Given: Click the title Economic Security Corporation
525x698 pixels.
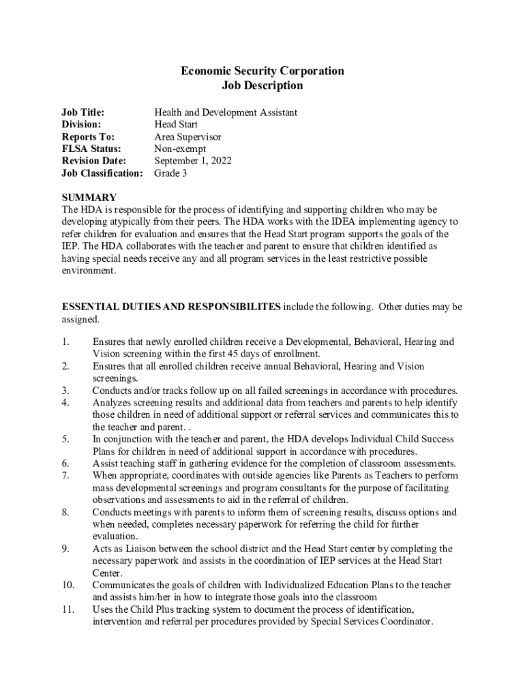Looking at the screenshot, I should (262, 71).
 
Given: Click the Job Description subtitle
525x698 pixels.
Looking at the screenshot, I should (262, 86).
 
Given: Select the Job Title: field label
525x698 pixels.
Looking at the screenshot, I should (82, 112).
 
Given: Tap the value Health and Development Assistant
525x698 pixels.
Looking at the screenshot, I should (225, 112).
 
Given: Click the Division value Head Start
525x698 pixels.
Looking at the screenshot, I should (176, 124).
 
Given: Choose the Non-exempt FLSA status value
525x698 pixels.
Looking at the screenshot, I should (180, 149).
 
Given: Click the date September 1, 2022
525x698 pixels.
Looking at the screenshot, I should (193, 161).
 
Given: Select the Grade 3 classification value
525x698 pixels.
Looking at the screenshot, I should (170, 173).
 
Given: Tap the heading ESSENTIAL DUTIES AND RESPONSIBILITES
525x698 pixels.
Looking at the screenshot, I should (170, 307).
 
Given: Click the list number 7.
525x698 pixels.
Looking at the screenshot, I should (65, 476).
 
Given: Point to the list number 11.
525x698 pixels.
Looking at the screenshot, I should (67, 610).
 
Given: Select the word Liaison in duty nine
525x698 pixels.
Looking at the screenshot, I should (131, 549).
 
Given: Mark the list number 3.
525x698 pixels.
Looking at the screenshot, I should (65, 391).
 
